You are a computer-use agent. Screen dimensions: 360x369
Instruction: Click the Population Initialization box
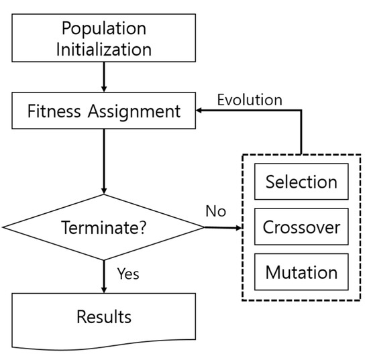tap(105, 40)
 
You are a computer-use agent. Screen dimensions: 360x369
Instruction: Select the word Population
tap(105, 29)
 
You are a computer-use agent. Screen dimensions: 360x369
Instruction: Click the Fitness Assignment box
tap(105, 111)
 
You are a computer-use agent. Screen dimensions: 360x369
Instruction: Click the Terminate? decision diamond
tap(105, 227)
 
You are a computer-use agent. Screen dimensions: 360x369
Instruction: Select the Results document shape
tap(105, 319)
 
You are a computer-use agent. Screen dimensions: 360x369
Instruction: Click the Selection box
tap(301, 182)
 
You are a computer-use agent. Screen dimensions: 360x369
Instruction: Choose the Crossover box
tap(301, 227)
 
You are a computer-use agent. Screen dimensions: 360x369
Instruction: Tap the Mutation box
tap(301, 272)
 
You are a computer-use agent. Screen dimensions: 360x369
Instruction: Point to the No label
tap(215, 212)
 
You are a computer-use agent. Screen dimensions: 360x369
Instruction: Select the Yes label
tap(128, 274)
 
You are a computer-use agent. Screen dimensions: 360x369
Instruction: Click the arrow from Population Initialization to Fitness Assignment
tap(105, 76)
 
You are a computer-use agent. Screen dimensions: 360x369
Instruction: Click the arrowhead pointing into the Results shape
tap(105, 289)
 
